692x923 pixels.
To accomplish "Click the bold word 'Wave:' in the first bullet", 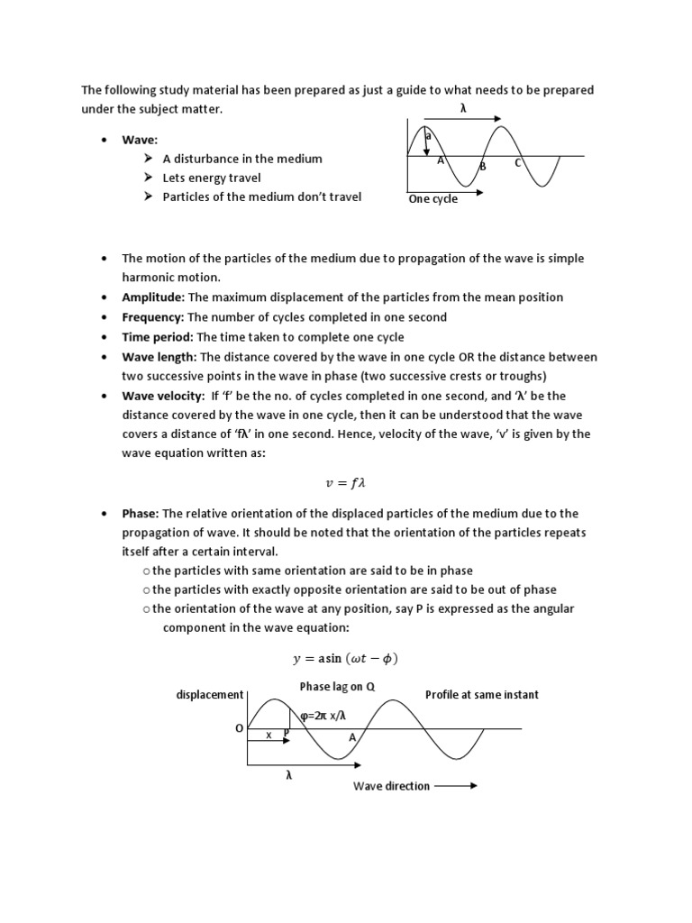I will (x=140, y=140).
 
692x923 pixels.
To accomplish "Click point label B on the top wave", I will (x=482, y=167).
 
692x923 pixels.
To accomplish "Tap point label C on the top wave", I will (x=518, y=163).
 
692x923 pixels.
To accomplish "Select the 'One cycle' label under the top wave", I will (x=432, y=199).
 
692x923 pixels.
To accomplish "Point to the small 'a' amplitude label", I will (x=428, y=136).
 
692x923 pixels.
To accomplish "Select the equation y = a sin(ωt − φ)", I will (x=346, y=658).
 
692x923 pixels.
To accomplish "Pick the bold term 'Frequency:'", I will (x=153, y=317).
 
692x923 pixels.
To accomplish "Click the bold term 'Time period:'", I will (x=158, y=337).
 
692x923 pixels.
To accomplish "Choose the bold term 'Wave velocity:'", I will (x=163, y=396).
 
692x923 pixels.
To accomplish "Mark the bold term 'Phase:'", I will (x=141, y=514).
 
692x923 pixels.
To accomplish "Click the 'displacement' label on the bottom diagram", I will (x=210, y=695).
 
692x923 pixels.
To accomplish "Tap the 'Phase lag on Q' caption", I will (x=337, y=687).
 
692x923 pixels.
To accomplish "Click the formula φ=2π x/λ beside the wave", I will (x=323, y=716).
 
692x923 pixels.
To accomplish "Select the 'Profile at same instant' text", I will (x=482, y=695).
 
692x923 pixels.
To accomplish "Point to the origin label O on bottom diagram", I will (x=239, y=728).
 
